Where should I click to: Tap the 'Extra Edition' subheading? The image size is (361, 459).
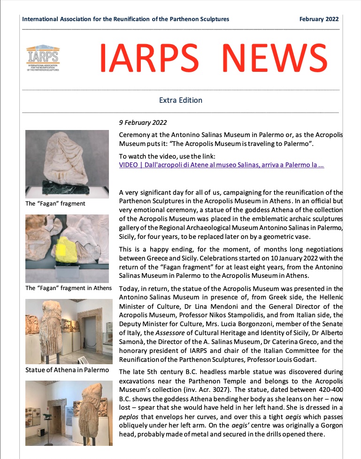tap(181, 100)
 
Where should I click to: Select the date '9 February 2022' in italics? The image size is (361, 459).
tap(143, 123)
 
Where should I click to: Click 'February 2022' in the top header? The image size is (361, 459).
tap(319, 19)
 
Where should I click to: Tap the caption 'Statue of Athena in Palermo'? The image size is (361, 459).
tap(67, 370)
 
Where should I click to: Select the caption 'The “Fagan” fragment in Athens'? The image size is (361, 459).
tap(69, 288)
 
